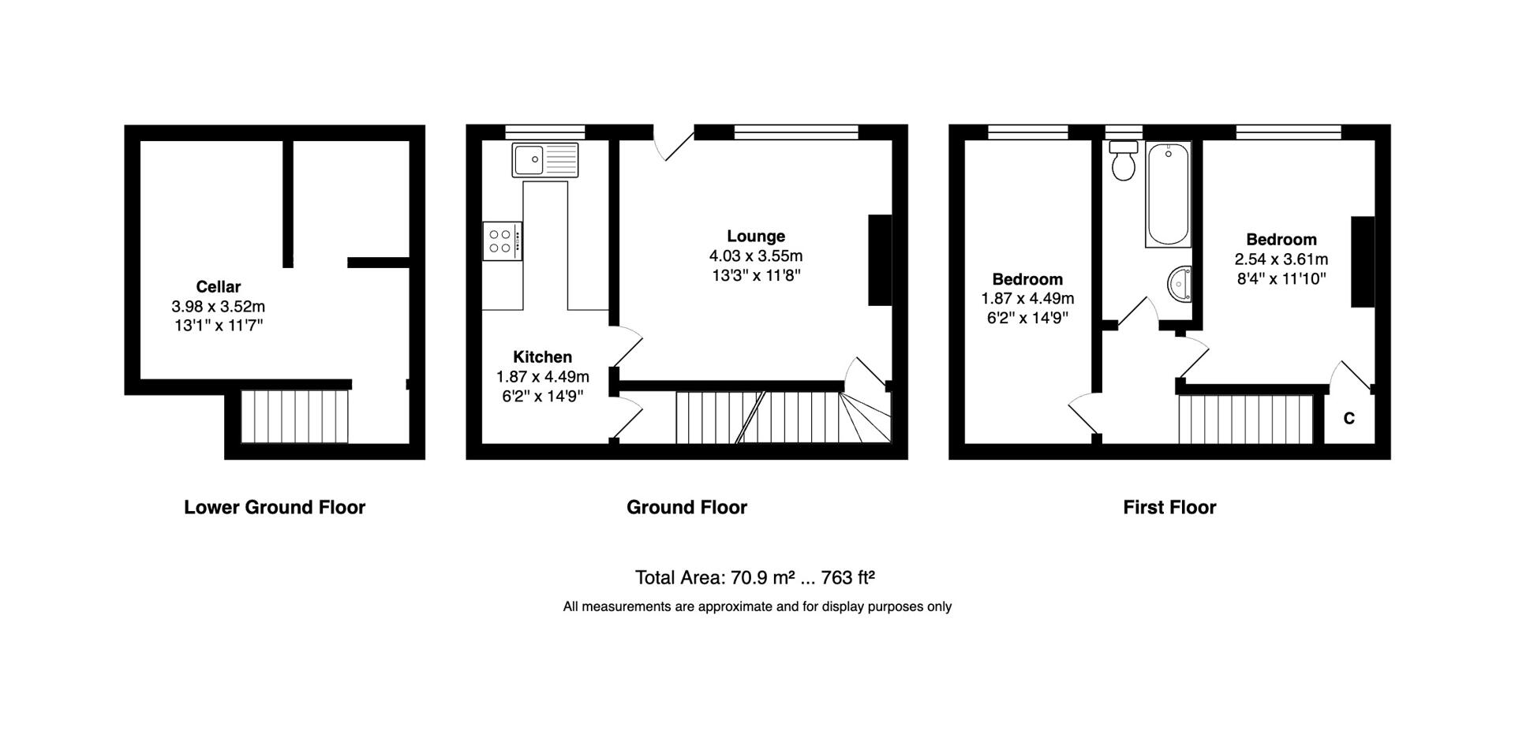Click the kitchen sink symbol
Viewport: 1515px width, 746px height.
click(544, 160)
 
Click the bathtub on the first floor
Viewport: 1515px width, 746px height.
click(1168, 195)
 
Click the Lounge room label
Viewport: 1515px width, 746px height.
click(756, 236)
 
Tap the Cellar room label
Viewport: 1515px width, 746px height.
click(218, 287)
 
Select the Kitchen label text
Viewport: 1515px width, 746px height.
click(542, 356)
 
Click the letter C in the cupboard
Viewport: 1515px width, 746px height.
click(1349, 419)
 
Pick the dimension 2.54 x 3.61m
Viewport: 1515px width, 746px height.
click(1281, 259)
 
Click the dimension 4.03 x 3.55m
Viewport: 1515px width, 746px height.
click(756, 256)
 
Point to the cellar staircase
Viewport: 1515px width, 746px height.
click(294, 416)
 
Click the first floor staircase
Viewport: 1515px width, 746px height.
click(1245, 420)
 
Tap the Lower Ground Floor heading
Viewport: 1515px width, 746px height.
click(275, 507)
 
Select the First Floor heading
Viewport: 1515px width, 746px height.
click(1169, 507)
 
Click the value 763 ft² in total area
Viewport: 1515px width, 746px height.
click(847, 578)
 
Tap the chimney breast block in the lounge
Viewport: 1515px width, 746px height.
click(880, 259)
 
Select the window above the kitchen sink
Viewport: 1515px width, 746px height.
click(544, 132)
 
